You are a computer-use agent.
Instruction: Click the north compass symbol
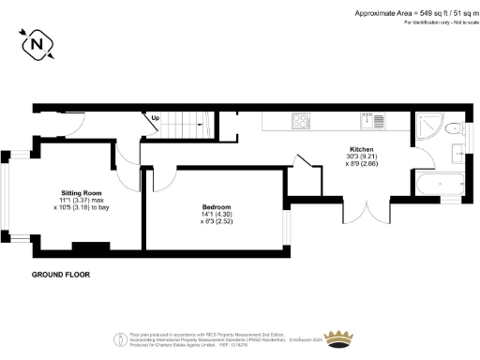tap(37, 43)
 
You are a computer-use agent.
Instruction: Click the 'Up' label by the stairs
tap(155, 119)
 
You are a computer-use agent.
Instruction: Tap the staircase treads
tap(192, 122)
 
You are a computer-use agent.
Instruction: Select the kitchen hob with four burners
tap(302, 120)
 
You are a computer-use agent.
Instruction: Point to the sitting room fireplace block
tap(89, 248)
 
